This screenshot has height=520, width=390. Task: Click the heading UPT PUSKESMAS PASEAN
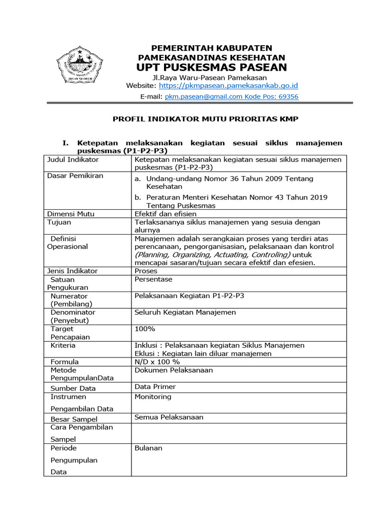pyautogui.click(x=212, y=68)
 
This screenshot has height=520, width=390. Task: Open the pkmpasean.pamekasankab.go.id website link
pyautogui.click(x=229, y=86)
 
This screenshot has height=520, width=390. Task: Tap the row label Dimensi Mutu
pyautogui.click(x=71, y=214)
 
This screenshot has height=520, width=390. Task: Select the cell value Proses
pyautogui.click(x=146, y=271)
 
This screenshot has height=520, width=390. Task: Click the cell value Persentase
pyautogui.click(x=153, y=279)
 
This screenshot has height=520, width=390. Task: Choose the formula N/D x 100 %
pyautogui.click(x=157, y=362)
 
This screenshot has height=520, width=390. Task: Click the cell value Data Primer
pyautogui.click(x=155, y=386)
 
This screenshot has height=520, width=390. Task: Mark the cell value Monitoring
pyautogui.click(x=153, y=397)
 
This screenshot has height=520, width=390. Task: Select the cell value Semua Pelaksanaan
pyautogui.click(x=169, y=417)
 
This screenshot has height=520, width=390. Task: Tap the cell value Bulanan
pyautogui.click(x=148, y=448)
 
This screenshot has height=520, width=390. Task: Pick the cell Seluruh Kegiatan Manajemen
pyautogui.click(x=185, y=312)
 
